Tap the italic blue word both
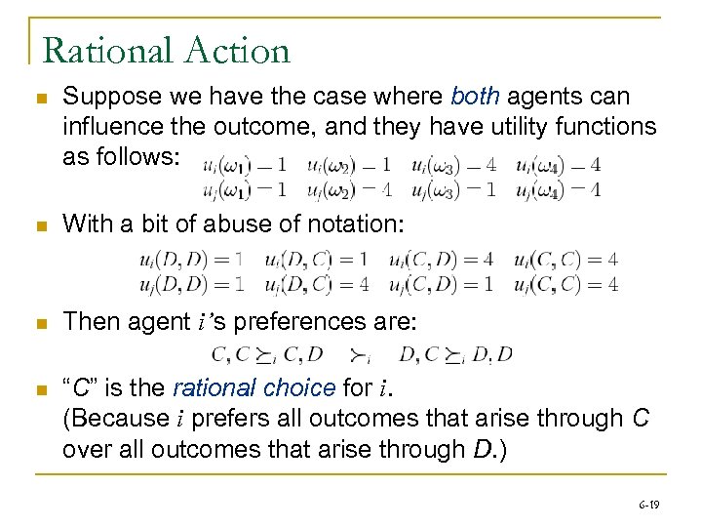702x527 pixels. pyautogui.click(x=475, y=97)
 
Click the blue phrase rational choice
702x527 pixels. pyautogui.click(x=253, y=387)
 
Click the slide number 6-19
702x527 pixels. pyautogui.click(x=648, y=504)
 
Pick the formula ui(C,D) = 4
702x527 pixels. pyautogui.click(x=443, y=260)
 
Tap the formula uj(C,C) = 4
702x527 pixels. pyautogui.click(x=567, y=284)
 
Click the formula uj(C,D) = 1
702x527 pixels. pyautogui.click(x=443, y=284)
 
